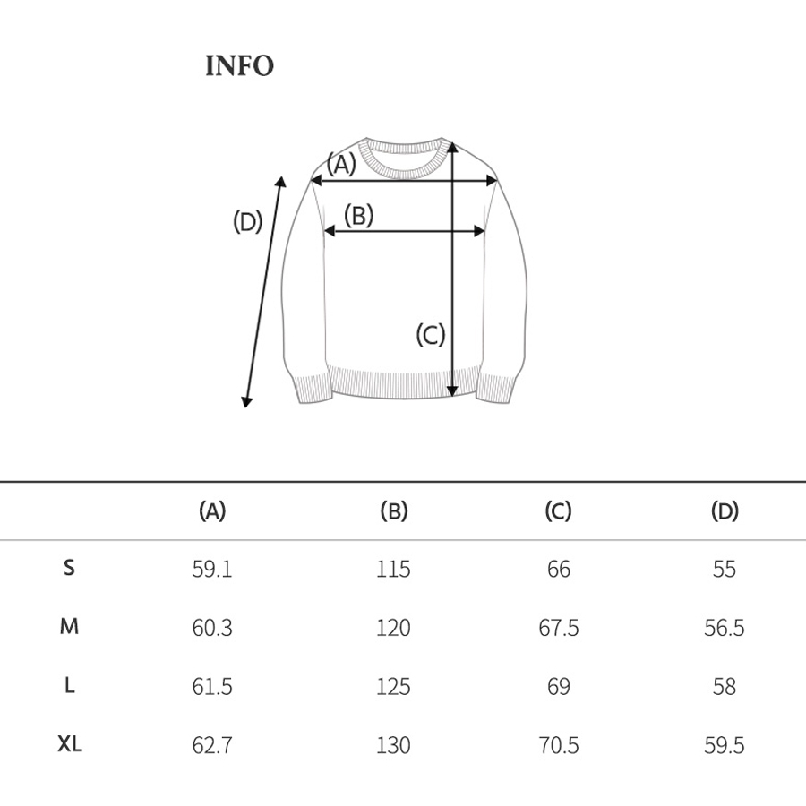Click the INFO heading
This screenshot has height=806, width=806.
pyautogui.click(x=239, y=66)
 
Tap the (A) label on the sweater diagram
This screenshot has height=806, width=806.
pyautogui.click(x=340, y=164)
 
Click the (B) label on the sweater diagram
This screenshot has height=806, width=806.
pyautogui.click(x=358, y=215)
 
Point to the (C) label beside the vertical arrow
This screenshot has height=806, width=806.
pyautogui.click(x=430, y=335)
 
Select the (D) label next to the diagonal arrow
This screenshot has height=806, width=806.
pyautogui.click(x=247, y=220)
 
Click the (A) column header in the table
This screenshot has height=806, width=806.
pyautogui.click(x=211, y=511)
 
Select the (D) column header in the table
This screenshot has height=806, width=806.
pyautogui.click(x=724, y=511)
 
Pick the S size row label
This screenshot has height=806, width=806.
pyautogui.click(x=70, y=568)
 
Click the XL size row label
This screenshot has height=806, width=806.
pyautogui.click(x=70, y=743)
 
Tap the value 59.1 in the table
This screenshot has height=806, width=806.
pyautogui.click(x=212, y=570)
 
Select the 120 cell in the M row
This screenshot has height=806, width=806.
pyautogui.click(x=393, y=628)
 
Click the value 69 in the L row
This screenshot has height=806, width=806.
pyautogui.click(x=558, y=687)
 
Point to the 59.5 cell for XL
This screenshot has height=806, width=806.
pyautogui.click(x=724, y=745)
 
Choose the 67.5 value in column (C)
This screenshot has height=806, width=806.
pyautogui.click(x=558, y=628)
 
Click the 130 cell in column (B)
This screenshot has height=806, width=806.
pyautogui.click(x=393, y=745)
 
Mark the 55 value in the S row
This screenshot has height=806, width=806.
pyautogui.click(x=724, y=570)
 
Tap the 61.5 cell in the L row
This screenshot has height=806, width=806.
pyautogui.click(x=212, y=687)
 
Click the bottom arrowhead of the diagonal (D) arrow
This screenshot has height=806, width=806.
pyautogui.click(x=248, y=401)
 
